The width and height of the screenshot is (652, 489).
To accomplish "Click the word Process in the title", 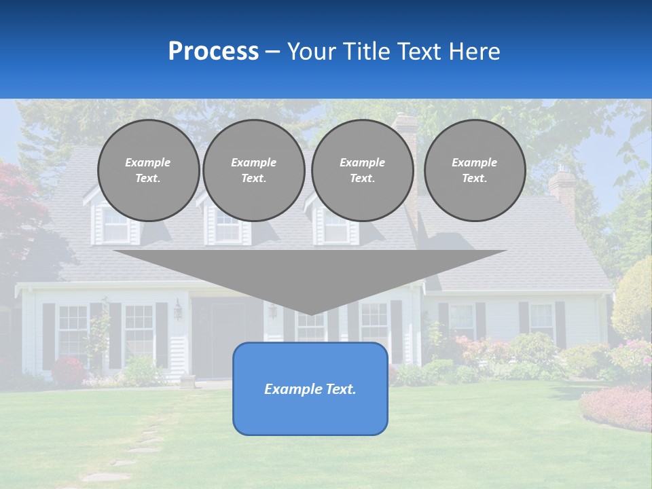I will tap(213, 52).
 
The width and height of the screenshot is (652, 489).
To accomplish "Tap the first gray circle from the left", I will tap(148, 170).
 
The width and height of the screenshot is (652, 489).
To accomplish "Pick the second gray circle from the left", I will tap(253, 170).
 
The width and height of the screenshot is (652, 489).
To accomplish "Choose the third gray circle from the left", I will tap(362, 170).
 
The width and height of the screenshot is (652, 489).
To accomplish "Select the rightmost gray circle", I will tap(474, 170).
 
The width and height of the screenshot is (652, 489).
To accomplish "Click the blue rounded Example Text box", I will tap(310, 388).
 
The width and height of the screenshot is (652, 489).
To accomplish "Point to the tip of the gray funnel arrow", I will tap(310, 313).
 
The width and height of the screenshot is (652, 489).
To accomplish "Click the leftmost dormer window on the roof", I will tap(115, 224).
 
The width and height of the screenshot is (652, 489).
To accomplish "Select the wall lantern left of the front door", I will tap(178, 310).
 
